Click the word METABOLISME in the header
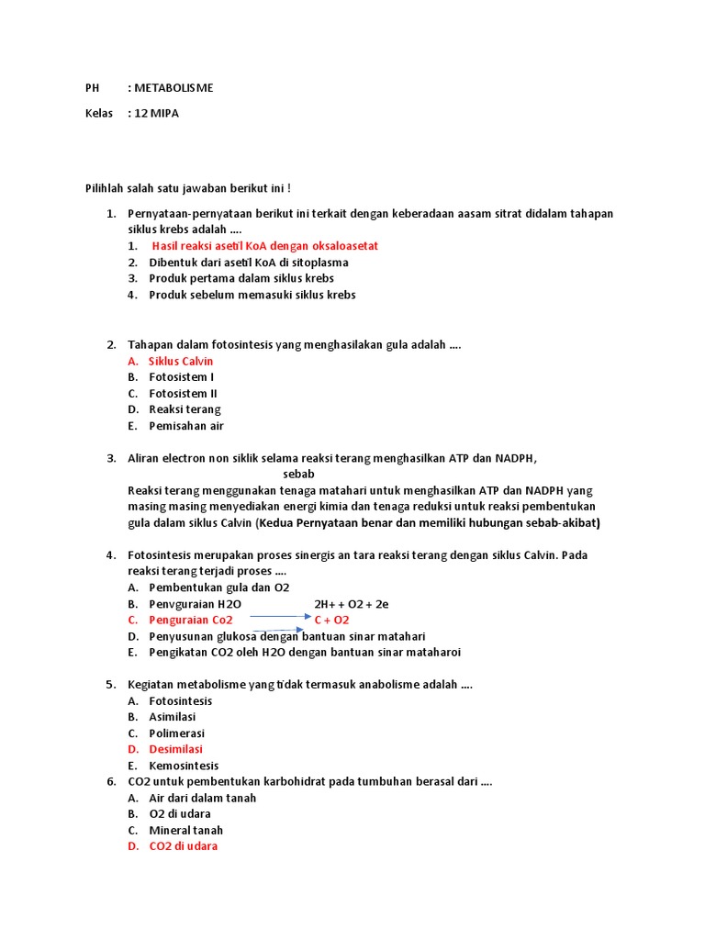click(x=173, y=88)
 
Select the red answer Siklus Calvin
click(x=181, y=362)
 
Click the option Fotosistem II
click(x=183, y=394)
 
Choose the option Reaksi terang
click(x=185, y=409)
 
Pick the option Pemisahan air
click(x=186, y=426)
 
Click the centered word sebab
click(x=298, y=475)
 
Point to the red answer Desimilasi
click(x=175, y=749)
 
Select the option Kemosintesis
click(x=184, y=766)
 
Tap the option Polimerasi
click(x=177, y=733)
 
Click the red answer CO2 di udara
click(x=184, y=846)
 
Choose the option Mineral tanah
click(x=186, y=830)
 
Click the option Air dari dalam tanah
click(x=203, y=798)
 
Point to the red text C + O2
click(x=331, y=620)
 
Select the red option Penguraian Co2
click(x=191, y=620)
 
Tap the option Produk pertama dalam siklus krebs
click(x=241, y=278)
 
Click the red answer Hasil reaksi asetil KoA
click(x=264, y=246)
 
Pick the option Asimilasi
click(x=173, y=717)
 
